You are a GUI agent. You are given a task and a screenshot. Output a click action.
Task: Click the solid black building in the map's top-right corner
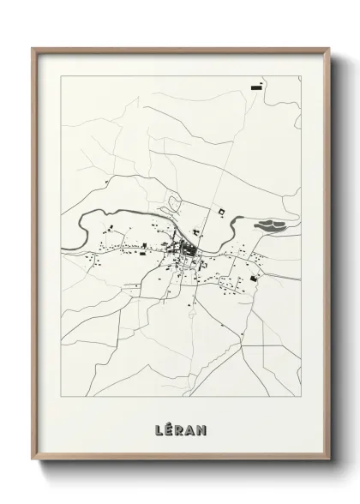point(256,86)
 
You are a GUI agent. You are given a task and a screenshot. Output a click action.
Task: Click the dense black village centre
point(186,251)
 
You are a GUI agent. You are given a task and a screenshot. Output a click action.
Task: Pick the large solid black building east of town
point(255,276)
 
